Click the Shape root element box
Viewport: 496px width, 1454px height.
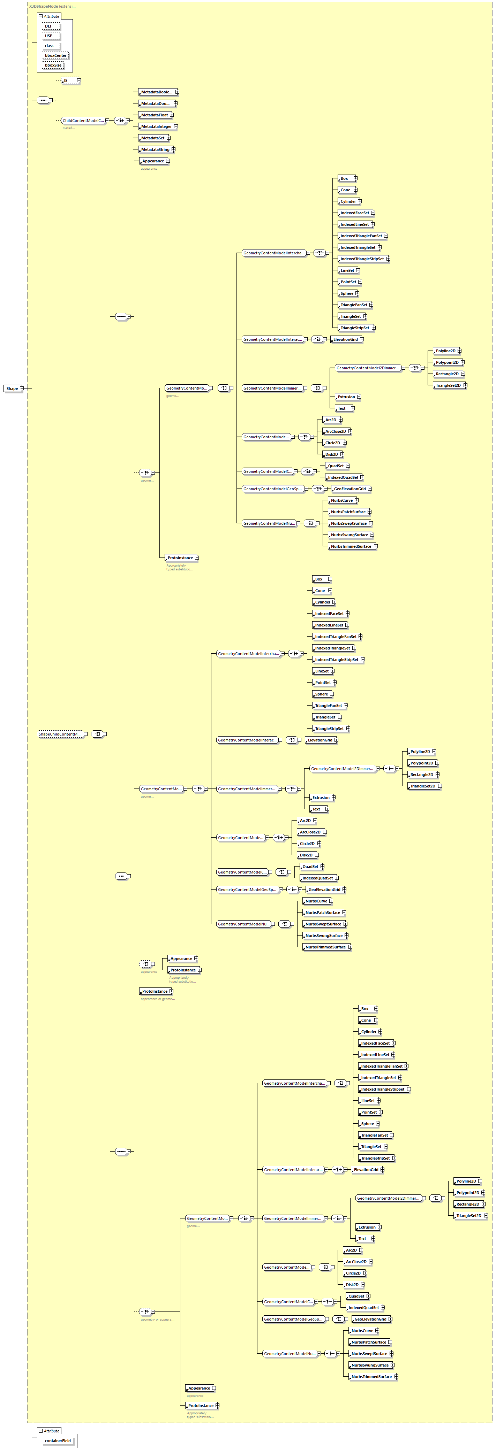point(12,388)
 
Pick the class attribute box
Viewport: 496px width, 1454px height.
point(50,46)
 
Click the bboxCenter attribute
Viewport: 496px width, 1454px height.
point(55,55)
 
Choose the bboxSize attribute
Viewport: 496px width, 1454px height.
point(53,65)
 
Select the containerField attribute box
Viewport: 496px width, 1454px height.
point(58,1440)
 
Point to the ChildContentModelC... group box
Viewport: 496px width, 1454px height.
point(82,120)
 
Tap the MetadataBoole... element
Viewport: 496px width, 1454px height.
point(157,92)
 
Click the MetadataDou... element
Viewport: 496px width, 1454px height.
point(155,103)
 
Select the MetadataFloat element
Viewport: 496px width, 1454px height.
point(154,115)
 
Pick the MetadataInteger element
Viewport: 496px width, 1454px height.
point(156,126)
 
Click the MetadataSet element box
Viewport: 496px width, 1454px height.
point(152,138)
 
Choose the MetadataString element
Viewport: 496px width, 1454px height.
point(155,149)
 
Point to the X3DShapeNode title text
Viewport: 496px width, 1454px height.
point(44,6)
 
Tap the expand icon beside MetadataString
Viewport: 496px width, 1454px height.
point(173,149)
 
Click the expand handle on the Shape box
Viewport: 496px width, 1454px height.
point(22,388)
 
